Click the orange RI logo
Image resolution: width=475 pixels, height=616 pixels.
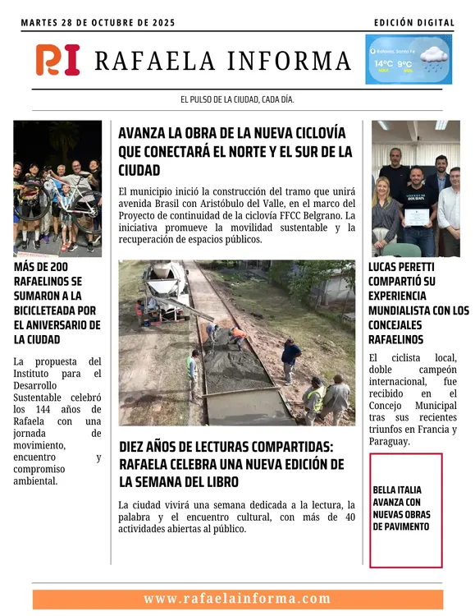tap(57, 60)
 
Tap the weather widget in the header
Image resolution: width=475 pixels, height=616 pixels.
tap(409, 59)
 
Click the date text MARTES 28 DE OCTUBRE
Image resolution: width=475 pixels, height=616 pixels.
tap(98, 22)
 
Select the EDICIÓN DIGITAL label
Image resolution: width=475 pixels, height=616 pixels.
tap(413, 22)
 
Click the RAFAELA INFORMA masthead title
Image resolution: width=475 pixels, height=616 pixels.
tap(222, 61)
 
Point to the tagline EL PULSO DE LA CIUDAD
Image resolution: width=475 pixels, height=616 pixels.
tap(237, 99)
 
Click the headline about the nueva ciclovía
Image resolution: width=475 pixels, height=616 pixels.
tap(235, 151)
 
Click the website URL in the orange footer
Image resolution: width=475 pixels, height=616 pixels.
tap(237, 599)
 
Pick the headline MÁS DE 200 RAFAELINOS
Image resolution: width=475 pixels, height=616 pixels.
tap(57, 303)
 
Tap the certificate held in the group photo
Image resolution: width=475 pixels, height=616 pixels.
tap(419, 216)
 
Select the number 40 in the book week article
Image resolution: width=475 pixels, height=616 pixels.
tap(349, 517)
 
